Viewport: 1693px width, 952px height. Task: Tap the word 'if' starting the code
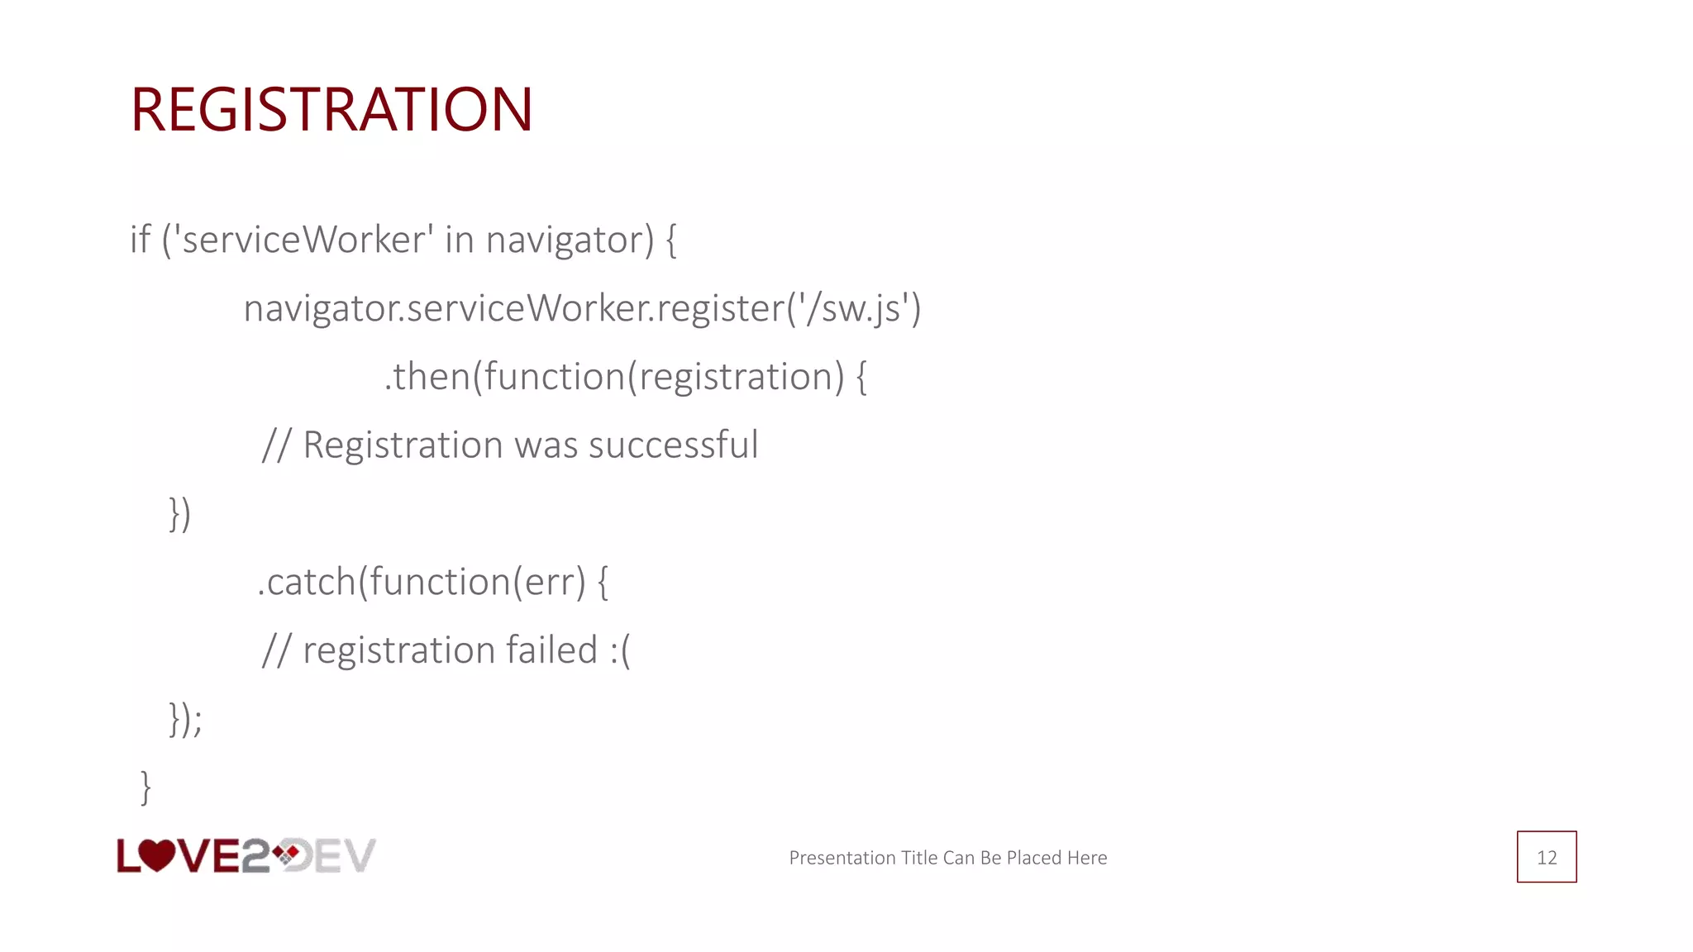coord(140,240)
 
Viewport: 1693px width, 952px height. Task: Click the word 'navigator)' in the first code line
coord(570,240)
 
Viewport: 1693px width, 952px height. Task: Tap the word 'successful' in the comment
coord(673,445)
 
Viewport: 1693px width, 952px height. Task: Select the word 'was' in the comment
coord(546,445)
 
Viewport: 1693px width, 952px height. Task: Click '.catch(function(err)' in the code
coord(422,582)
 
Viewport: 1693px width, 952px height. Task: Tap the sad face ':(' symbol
coord(620,650)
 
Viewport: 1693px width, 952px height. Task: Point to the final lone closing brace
coord(145,787)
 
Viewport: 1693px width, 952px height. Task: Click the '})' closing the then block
coord(179,513)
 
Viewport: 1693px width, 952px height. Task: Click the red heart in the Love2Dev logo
coord(156,854)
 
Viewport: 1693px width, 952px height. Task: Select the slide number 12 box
coord(1546,857)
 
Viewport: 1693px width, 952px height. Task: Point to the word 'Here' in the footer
coord(1086,858)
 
